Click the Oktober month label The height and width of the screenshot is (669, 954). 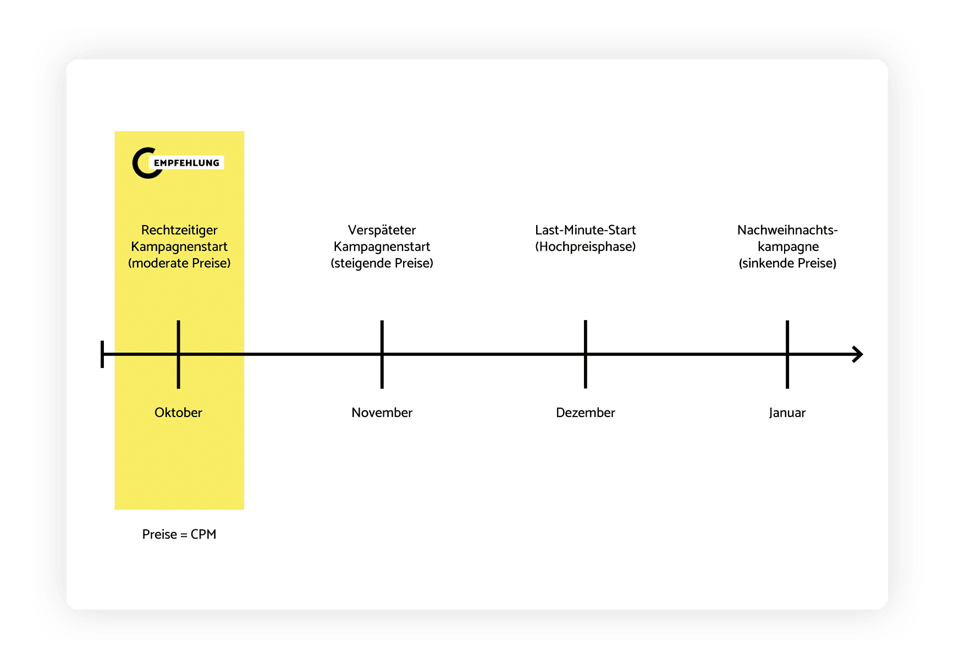click(x=178, y=413)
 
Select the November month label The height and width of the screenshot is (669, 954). click(x=382, y=413)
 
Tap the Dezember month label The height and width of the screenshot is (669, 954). click(x=585, y=413)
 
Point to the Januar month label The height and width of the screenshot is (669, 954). click(x=787, y=413)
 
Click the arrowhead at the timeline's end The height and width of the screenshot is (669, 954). click(x=858, y=354)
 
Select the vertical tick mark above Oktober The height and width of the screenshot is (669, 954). click(x=179, y=354)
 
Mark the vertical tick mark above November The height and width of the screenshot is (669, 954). click(x=382, y=354)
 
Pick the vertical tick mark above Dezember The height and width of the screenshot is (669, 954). click(x=586, y=354)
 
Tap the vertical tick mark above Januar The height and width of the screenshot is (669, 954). click(x=787, y=354)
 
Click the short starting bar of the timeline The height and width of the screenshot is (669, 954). click(x=102, y=354)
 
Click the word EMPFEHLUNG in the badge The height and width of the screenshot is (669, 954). click(x=186, y=163)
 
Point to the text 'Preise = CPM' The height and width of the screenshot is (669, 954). click(x=179, y=534)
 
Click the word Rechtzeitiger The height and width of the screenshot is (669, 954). click(x=179, y=230)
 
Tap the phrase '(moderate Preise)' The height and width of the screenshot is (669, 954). click(x=179, y=263)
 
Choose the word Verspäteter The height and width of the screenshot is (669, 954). click(x=382, y=230)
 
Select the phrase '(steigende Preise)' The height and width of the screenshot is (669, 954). click(x=382, y=263)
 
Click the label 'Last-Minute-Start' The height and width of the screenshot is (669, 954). click(x=586, y=230)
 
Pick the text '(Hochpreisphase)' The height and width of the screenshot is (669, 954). click(x=586, y=246)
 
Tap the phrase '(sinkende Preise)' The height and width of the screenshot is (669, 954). click(x=787, y=263)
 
